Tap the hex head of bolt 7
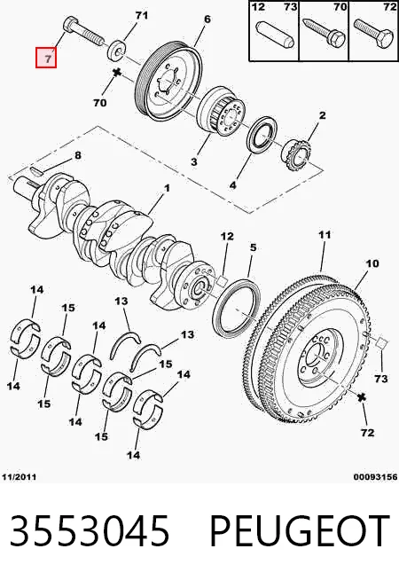tap(71, 25)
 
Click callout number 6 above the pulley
tap(207, 19)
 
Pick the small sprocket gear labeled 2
tap(297, 154)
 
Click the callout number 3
tap(194, 161)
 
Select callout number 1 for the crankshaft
tap(167, 188)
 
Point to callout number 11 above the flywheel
tap(325, 234)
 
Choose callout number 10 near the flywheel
tap(372, 263)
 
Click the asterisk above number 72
tap(362, 397)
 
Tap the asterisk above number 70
tap(117, 73)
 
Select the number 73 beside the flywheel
tap(381, 379)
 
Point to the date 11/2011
tap(20, 477)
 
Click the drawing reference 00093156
tap(375, 477)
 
